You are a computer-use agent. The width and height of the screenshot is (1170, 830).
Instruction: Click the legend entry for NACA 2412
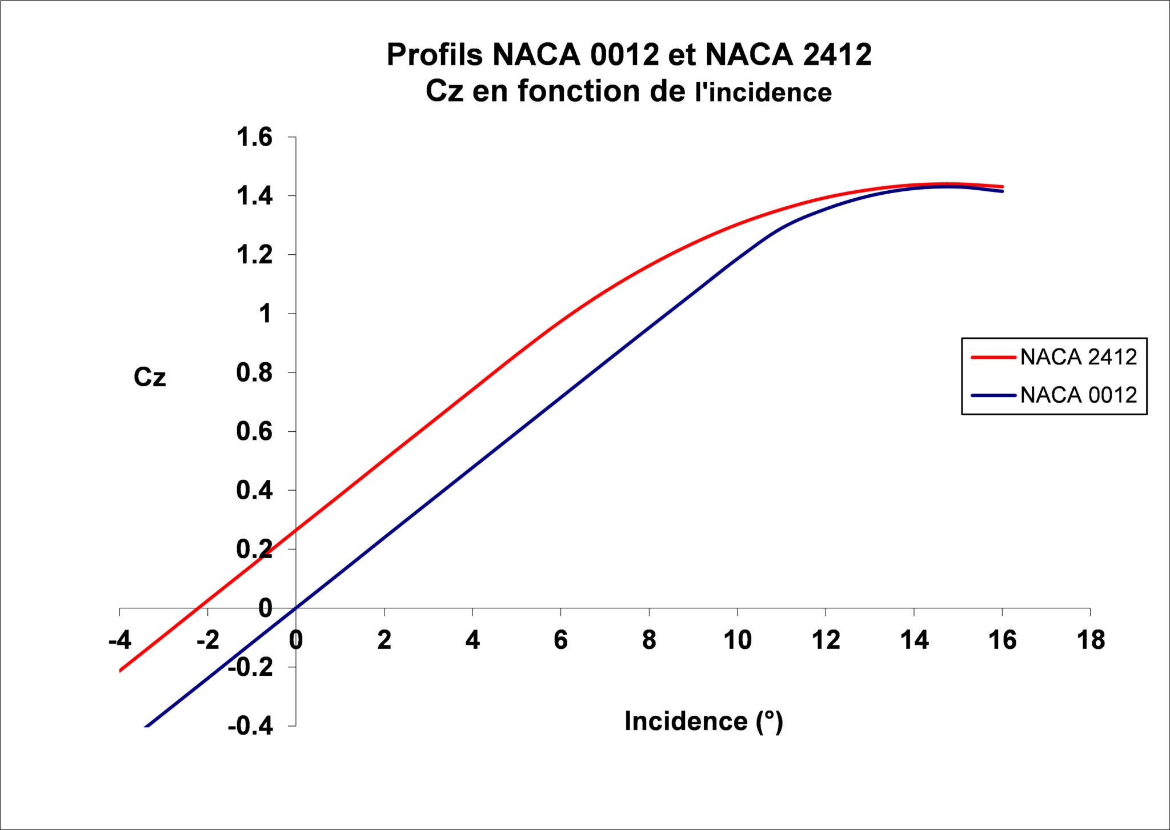(1078, 357)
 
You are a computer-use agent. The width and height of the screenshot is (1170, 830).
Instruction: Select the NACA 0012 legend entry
(1078, 395)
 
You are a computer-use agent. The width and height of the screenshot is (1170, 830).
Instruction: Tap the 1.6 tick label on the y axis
(255, 138)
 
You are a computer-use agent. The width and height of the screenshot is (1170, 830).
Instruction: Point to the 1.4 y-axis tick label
(255, 197)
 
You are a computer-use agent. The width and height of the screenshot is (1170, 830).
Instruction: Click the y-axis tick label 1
(265, 314)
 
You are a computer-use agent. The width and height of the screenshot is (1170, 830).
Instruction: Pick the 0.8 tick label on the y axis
(255, 373)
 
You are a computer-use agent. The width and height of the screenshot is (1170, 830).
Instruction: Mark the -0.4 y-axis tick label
(250, 727)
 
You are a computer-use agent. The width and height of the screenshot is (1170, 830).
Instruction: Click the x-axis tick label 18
(1091, 640)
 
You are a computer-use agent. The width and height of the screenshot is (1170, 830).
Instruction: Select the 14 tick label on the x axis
(914, 640)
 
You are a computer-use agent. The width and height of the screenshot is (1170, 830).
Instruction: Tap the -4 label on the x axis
(120, 640)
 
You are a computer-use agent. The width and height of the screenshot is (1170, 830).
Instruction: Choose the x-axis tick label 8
(649, 640)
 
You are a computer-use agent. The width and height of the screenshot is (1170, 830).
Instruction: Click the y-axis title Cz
(150, 378)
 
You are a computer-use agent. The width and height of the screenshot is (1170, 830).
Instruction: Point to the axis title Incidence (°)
(704, 721)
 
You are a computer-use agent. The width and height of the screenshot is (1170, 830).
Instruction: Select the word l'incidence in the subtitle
(763, 93)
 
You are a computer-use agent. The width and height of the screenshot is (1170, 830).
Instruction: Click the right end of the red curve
(1002, 187)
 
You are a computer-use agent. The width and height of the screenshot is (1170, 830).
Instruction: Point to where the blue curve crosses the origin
(296, 608)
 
